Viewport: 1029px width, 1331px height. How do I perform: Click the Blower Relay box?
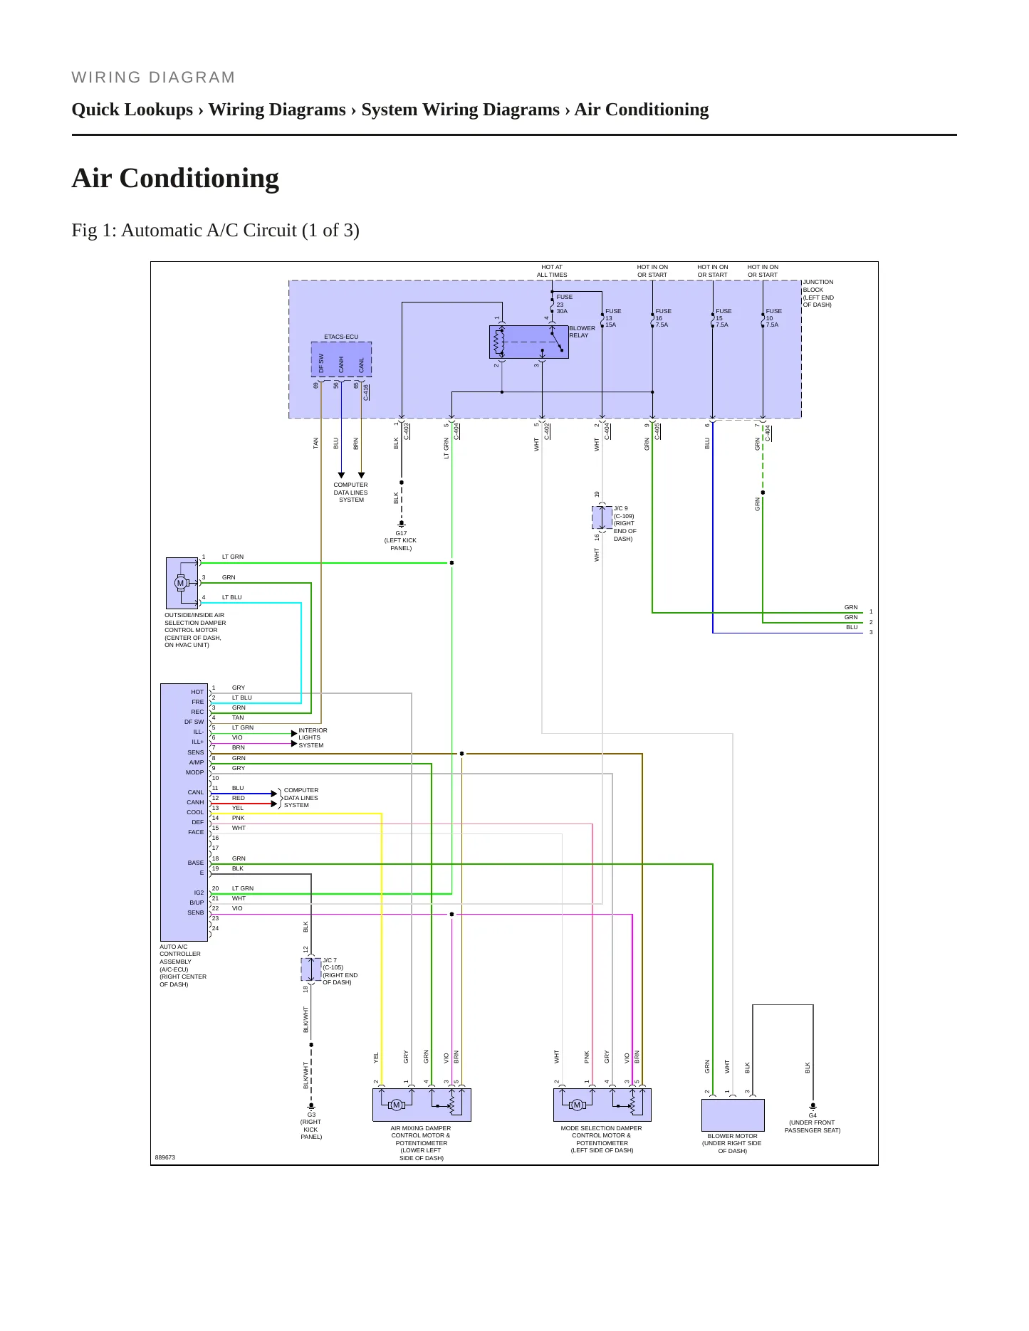pos(528,342)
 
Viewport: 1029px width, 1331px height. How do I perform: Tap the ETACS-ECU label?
pos(341,337)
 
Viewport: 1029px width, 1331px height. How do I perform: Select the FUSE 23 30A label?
pos(564,304)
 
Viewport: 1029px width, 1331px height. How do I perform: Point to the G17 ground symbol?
pos(402,524)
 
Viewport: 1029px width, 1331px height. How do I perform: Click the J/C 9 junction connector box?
pos(602,517)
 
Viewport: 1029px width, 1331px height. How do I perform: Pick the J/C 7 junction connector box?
pos(311,969)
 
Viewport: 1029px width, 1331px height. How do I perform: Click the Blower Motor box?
pos(733,1115)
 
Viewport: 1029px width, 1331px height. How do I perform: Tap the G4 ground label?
pos(813,1115)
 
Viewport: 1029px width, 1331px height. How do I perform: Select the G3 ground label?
pos(311,1115)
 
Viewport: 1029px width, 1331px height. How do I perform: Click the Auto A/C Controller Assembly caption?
pos(183,966)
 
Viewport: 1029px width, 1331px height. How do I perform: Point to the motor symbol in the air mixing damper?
pos(397,1105)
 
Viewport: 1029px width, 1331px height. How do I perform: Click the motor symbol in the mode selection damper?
pos(578,1105)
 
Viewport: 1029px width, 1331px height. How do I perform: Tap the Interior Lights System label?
pos(313,737)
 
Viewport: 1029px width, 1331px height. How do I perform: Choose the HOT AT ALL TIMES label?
pos(552,271)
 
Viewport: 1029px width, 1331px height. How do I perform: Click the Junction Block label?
pos(818,293)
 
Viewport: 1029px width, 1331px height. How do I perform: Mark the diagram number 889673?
pos(165,1157)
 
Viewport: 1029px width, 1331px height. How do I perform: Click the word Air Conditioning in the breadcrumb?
pos(642,110)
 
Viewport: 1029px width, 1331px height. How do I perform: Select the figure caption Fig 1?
pos(215,230)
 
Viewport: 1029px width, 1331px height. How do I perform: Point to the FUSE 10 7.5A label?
pos(773,317)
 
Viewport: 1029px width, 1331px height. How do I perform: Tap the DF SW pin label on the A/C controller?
pos(194,722)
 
